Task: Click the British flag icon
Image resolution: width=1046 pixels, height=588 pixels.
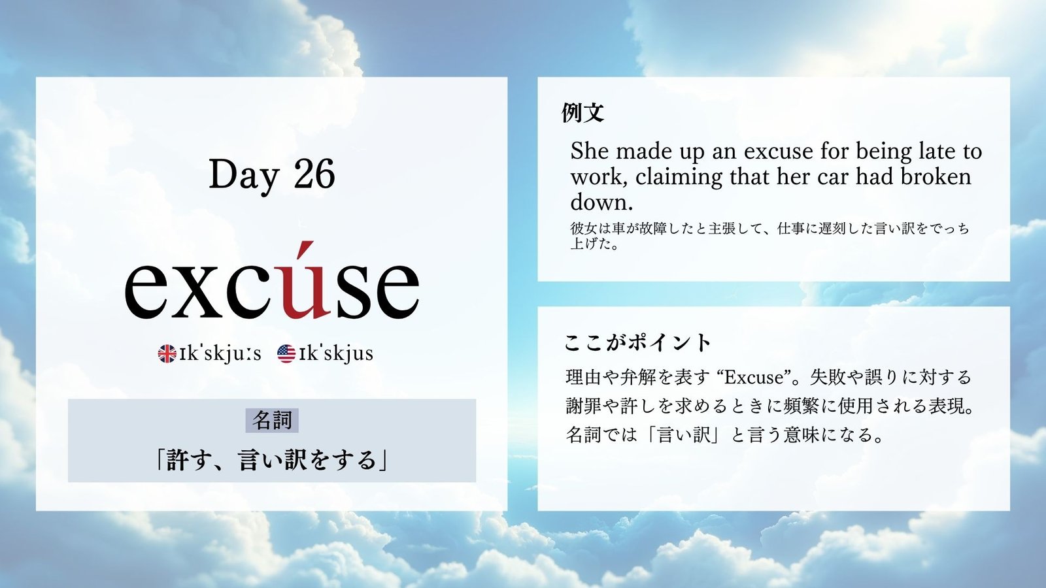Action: pyautogui.click(x=167, y=353)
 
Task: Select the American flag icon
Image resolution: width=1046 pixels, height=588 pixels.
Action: pyautogui.click(x=286, y=353)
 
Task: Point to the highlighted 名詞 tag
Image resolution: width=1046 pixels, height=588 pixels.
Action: pyautogui.click(x=272, y=421)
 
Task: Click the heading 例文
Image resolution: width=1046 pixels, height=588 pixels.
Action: pyautogui.click(x=583, y=112)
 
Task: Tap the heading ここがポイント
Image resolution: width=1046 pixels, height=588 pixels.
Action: pyautogui.click(x=638, y=343)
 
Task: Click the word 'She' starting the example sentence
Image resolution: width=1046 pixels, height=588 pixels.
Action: pyautogui.click(x=589, y=151)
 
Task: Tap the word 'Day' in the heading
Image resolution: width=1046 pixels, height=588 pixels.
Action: pyautogui.click(x=245, y=175)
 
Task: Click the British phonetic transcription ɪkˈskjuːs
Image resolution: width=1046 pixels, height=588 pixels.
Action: pyautogui.click(x=220, y=353)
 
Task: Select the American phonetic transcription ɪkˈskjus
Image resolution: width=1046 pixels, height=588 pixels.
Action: pyautogui.click(x=336, y=353)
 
